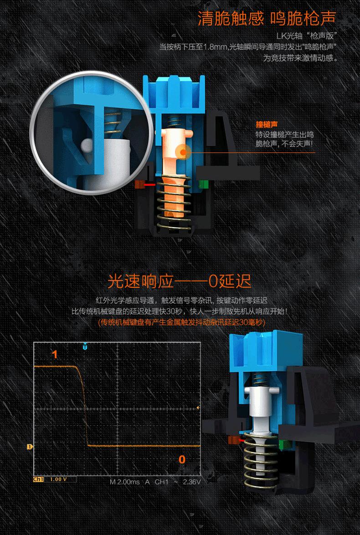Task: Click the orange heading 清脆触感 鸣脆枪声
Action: pyautogui.click(x=267, y=19)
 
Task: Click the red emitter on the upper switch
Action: pyautogui.click(x=149, y=185)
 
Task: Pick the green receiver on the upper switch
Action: pyautogui.click(x=204, y=184)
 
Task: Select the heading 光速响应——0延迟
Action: pyautogui.click(x=180, y=281)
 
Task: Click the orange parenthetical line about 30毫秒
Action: pyautogui.click(x=182, y=322)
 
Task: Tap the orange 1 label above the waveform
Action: pyautogui.click(x=55, y=354)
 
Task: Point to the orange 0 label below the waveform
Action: pyautogui.click(x=182, y=459)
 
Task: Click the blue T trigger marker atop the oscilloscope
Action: pyautogui.click(x=85, y=346)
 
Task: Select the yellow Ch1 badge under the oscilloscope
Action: pyautogui.click(x=38, y=479)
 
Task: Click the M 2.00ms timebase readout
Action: pyautogui.click(x=124, y=481)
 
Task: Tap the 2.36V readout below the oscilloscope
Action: pyautogui.click(x=191, y=481)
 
